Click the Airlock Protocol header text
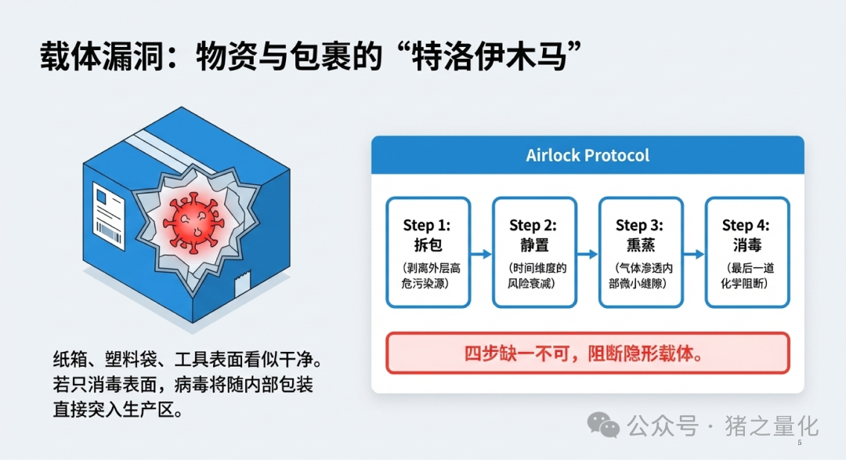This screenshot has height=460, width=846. click(x=587, y=155)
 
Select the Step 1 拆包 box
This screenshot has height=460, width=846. click(x=428, y=252)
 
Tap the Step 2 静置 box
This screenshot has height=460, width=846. click(x=533, y=252)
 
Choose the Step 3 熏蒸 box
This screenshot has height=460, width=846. click(x=640, y=252)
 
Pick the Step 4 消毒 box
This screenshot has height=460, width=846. click(x=747, y=252)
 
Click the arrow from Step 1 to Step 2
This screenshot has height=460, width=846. click(x=481, y=254)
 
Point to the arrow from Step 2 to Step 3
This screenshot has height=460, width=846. click(x=587, y=254)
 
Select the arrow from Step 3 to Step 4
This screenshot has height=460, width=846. click(x=693, y=254)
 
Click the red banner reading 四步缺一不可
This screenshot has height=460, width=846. click(x=587, y=353)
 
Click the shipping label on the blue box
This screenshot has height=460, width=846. click(x=109, y=211)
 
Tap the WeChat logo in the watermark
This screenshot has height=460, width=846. click(x=603, y=426)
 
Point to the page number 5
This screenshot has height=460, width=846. click(x=799, y=444)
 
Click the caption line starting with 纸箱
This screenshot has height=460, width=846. click(x=187, y=363)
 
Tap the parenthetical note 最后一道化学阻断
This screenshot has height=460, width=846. click(x=747, y=275)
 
